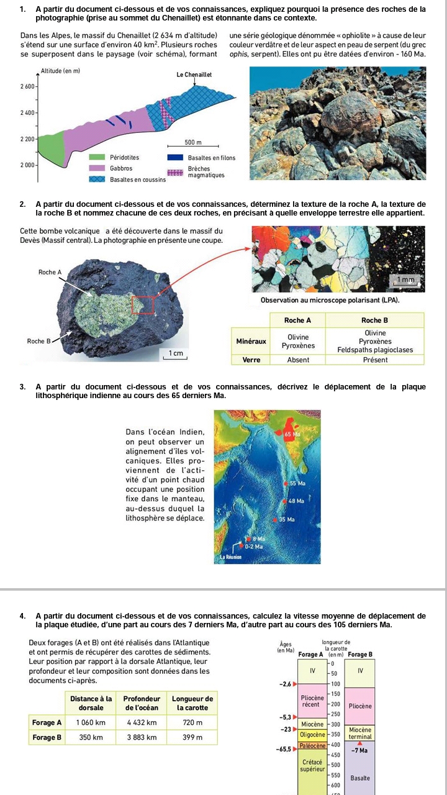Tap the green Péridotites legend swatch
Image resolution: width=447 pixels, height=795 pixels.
(x=96, y=158)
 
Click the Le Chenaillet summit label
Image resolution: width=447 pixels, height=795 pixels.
(x=194, y=75)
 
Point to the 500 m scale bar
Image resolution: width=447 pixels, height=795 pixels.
(x=199, y=147)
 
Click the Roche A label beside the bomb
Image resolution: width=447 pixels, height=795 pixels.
(x=50, y=272)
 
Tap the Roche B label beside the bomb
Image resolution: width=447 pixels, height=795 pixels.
(x=38, y=341)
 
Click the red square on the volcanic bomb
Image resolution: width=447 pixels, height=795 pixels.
(x=142, y=305)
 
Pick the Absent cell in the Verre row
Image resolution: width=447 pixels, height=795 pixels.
(x=298, y=359)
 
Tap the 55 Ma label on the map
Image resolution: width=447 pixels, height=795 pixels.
(x=297, y=483)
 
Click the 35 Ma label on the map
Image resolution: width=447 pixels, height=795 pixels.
(x=286, y=519)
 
